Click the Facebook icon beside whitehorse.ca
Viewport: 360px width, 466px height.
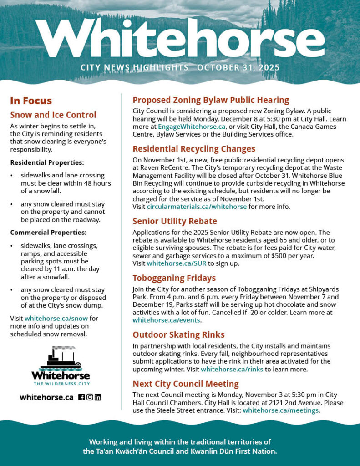(x=81, y=397)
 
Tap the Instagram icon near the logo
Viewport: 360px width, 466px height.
(x=90, y=397)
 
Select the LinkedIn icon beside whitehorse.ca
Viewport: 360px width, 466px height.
(x=98, y=397)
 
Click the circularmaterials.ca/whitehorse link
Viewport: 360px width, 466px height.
(x=197, y=206)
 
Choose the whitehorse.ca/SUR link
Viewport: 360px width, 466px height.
(x=177, y=263)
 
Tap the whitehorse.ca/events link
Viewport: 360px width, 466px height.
(x=167, y=320)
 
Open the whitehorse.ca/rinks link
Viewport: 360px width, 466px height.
(x=232, y=369)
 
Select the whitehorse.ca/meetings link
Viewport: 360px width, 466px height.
(x=280, y=410)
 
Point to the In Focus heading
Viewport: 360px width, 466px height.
(x=31, y=101)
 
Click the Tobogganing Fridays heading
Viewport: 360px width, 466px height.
(x=174, y=278)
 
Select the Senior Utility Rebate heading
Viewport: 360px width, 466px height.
(x=175, y=221)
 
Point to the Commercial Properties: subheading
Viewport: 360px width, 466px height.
(x=48, y=233)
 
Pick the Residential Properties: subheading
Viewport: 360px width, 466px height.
(x=47, y=162)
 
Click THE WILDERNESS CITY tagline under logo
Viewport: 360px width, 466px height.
(x=61, y=384)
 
